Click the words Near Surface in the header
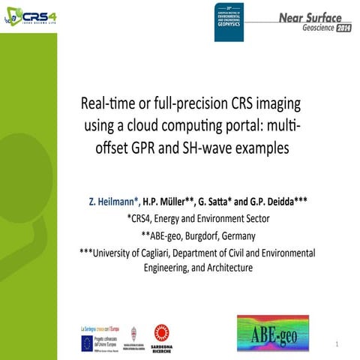(309, 16)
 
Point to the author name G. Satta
(219, 202)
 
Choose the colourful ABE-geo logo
(278, 333)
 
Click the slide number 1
(338, 344)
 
